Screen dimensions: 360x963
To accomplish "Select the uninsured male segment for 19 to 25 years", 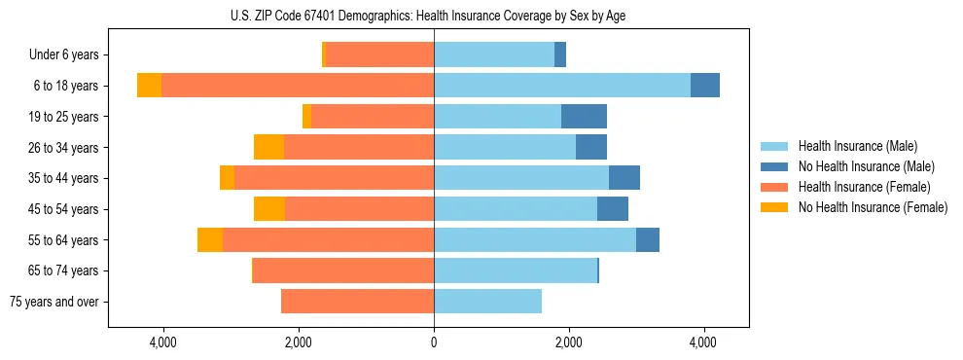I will coord(584,117).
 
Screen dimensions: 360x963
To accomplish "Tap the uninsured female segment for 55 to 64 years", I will coord(210,240).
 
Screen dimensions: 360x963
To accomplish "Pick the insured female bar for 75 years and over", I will coord(357,302).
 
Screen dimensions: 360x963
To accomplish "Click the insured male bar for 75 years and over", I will coord(487,302).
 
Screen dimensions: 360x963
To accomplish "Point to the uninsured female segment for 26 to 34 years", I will coord(268,147).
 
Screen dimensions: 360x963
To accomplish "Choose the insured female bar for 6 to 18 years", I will coord(298,86).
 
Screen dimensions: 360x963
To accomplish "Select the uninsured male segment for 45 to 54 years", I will coord(613,209).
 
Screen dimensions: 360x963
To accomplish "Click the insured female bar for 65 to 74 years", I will coord(343,270).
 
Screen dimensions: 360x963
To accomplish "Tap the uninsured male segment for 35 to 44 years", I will coord(624,178).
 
